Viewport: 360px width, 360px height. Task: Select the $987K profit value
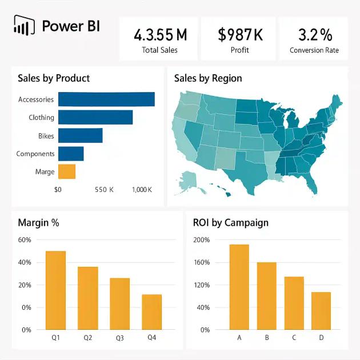[x=240, y=35]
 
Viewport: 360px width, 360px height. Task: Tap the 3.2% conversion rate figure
[x=314, y=35]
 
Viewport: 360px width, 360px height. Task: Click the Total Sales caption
[x=159, y=50]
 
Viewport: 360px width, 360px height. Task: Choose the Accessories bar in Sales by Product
[x=106, y=99]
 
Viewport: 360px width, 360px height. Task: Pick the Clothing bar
[x=95, y=118]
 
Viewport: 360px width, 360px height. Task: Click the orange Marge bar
[x=67, y=171]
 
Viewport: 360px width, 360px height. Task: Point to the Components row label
[x=35, y=154]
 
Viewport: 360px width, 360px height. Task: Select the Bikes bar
[x=81, y=136]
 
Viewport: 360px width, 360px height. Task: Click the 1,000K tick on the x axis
[x=142, y=189]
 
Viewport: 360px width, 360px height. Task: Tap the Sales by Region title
[x=208, y=78]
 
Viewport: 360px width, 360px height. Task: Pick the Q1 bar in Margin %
[x=56, y=290]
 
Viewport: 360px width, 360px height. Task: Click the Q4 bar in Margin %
[x=152, y=312]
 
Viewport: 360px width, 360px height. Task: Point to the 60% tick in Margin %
[x=25, y=240]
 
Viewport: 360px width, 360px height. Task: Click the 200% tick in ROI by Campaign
[x=202, y=240]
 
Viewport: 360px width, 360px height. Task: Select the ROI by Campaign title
[x=231, y=223]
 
